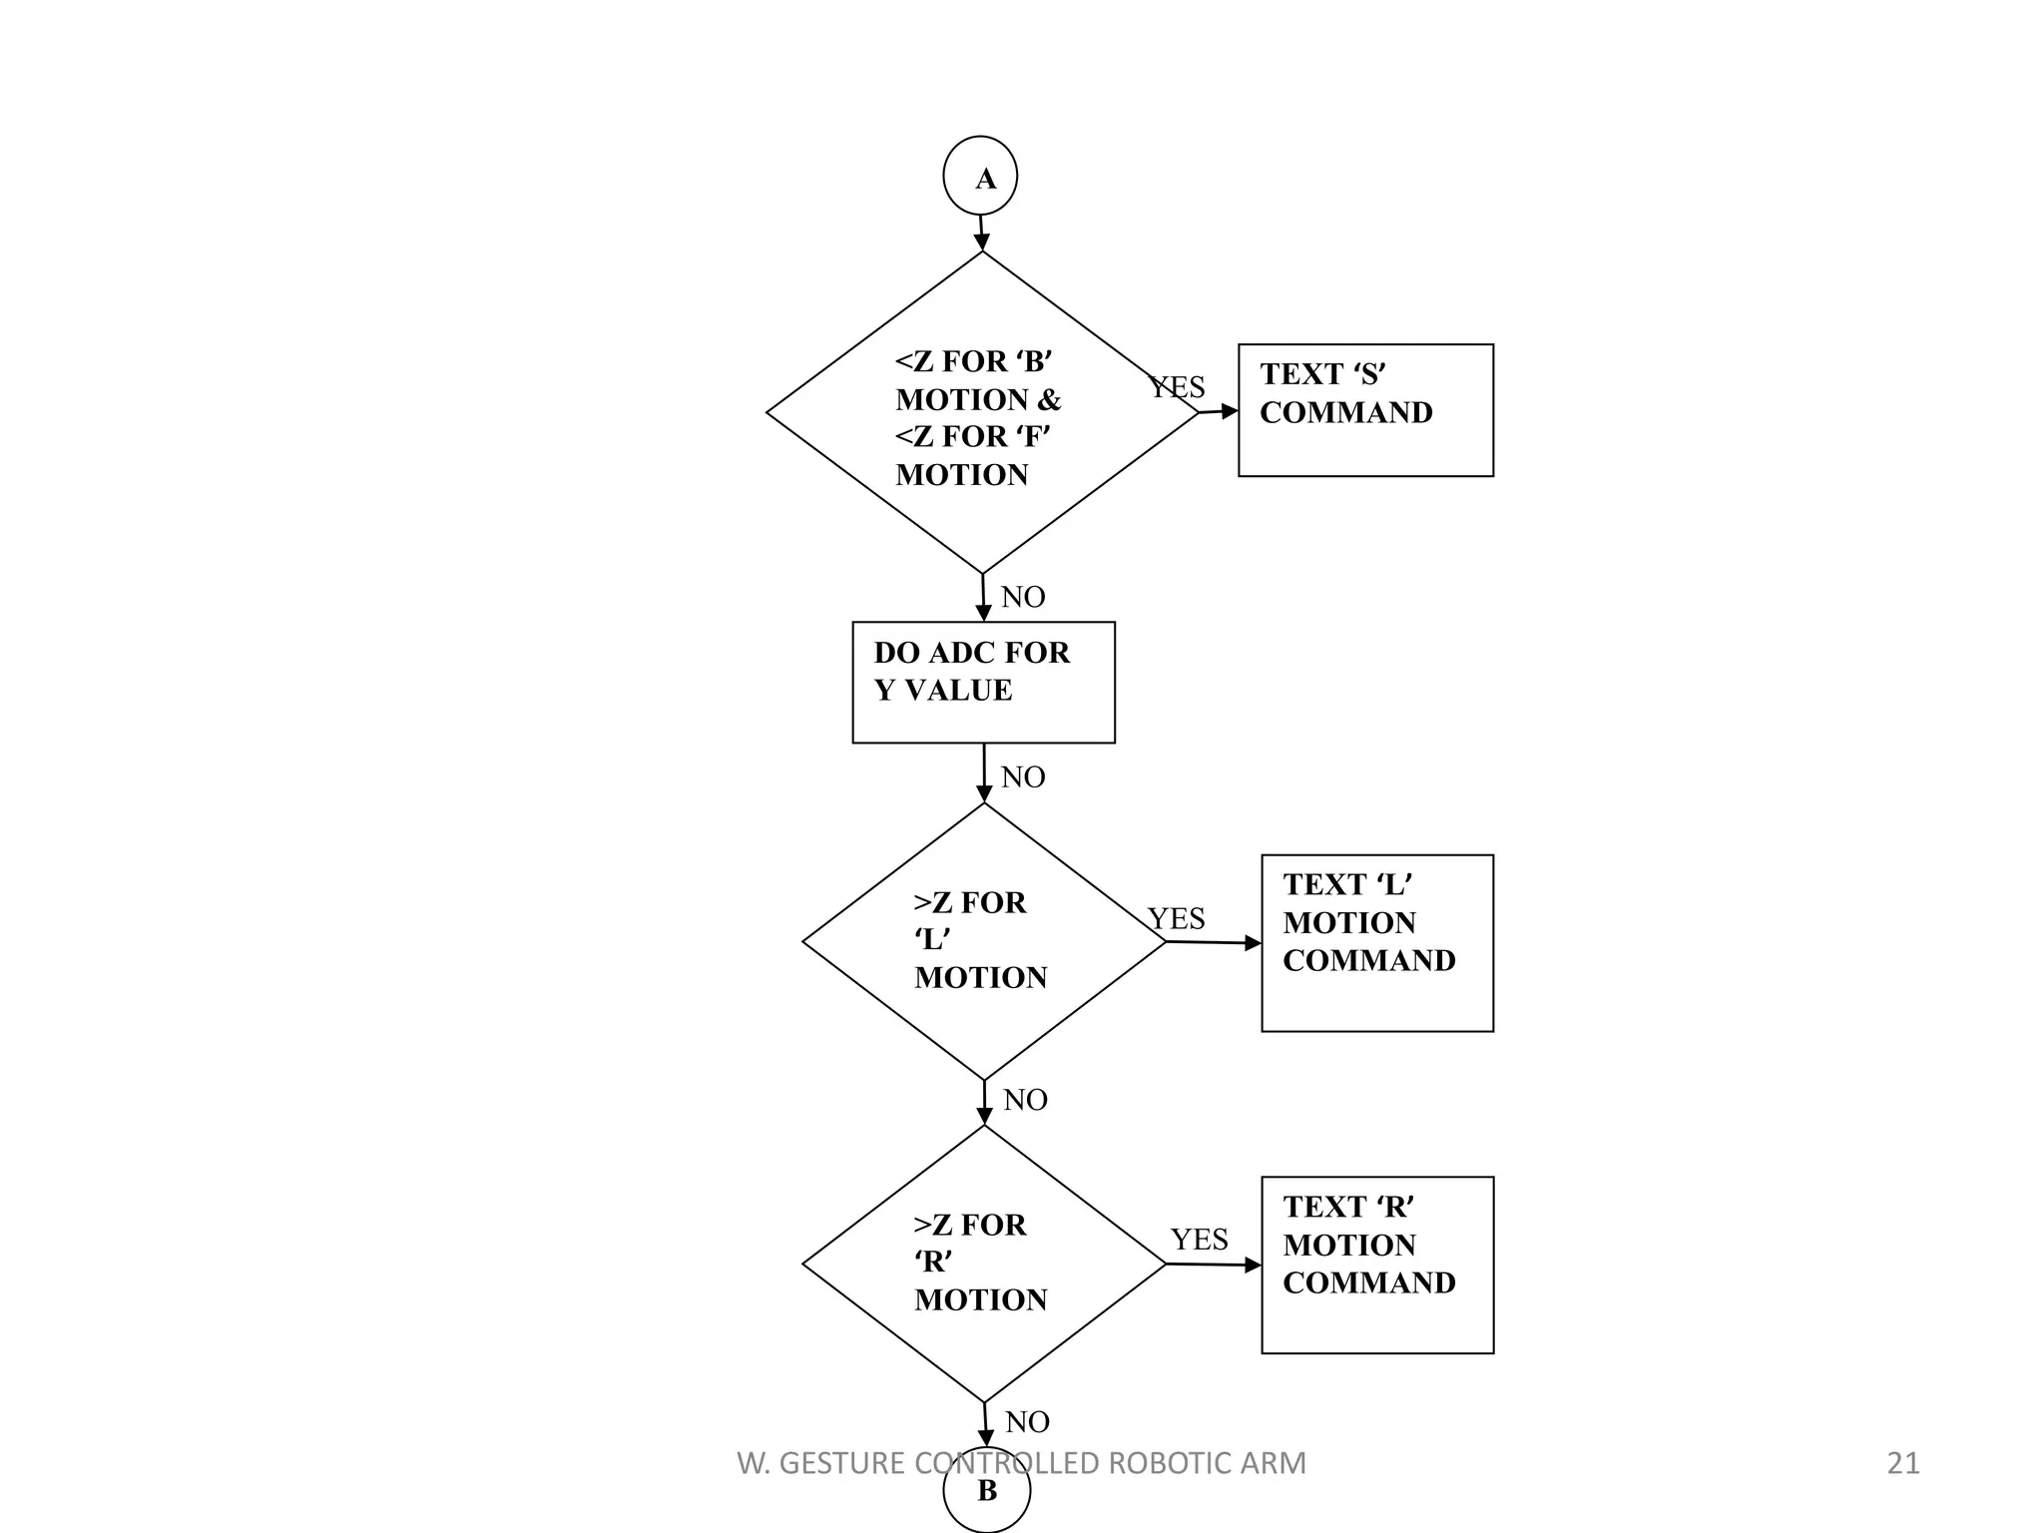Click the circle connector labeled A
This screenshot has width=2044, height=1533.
[x=980, y=177]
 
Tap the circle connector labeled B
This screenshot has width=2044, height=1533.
[x=986, y=1491]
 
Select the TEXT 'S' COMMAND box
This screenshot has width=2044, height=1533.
[x=1365, y=410]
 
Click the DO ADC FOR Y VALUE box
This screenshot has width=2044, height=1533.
[x=983, y=682]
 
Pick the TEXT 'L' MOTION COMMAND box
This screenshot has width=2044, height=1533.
[x=1377, y=942]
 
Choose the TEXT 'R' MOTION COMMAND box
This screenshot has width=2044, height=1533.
[x=1377, y=1265]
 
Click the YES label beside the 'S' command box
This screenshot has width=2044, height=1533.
[x=1177, y=387]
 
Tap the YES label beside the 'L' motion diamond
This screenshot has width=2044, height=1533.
[x=1176, y=918]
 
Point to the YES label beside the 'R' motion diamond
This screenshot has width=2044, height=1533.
[x=1199, y=1239]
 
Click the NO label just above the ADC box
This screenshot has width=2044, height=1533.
[x=1023, y=597]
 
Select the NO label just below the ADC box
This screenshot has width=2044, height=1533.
[x=1023, y=776]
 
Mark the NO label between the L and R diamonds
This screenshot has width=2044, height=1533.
[x=1025, y=1100]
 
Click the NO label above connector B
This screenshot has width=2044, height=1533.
[x=1027, y=1421]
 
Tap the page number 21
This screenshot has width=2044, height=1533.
[x=1902, y=1463]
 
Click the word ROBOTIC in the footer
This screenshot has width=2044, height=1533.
[x=1157, y=1463]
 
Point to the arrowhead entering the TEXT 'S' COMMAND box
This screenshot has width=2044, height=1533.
[x=1231, y=410]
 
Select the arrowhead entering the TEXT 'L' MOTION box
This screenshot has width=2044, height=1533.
[x=1254, y=943]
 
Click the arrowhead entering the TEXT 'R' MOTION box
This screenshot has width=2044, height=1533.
[x=1254, y=1265]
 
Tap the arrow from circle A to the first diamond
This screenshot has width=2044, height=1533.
[x=981, y=233]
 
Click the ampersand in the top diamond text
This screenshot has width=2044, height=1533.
[x=1049, y=399]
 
